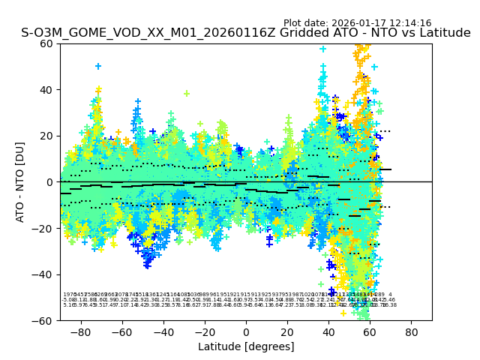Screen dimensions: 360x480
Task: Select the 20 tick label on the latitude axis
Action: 287,331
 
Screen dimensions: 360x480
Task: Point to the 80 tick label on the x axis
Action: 412,331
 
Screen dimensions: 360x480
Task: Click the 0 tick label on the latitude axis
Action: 246,331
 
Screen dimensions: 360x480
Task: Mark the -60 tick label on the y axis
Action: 45,320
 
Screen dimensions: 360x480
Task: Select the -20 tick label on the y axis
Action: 45,228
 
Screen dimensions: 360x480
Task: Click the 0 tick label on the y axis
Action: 51,182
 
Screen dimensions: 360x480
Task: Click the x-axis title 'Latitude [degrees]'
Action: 246,346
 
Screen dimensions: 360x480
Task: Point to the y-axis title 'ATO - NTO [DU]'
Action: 21,181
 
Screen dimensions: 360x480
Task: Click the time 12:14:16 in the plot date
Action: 407,23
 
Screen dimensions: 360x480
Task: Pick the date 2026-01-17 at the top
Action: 353,23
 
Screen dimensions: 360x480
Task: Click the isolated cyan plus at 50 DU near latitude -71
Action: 98,67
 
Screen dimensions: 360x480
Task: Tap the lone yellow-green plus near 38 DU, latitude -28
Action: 187,94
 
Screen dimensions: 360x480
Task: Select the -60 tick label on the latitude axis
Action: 121,331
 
